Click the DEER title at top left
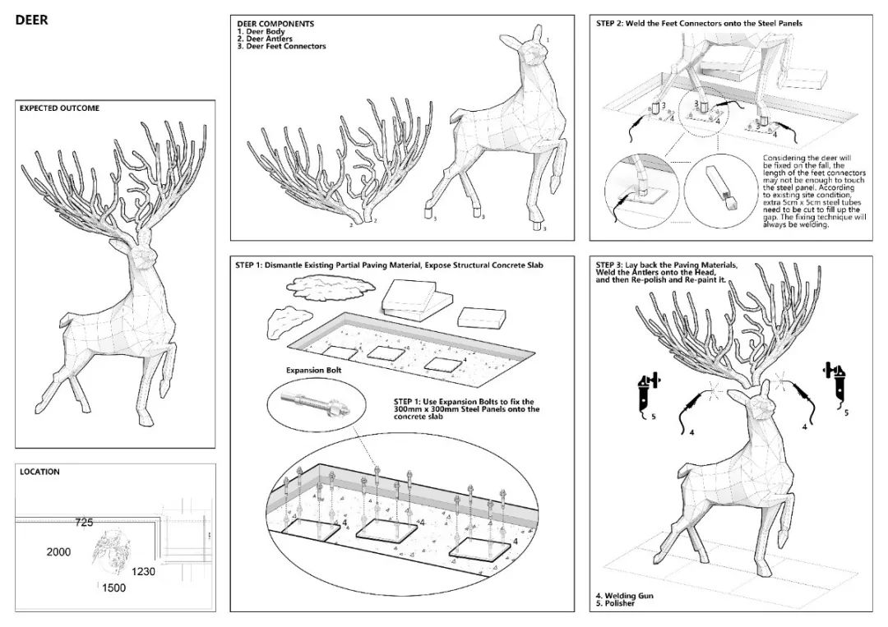pos(32,20)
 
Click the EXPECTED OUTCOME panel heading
pos(59,108)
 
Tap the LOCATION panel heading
pos(39,472)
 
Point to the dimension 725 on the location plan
pos(84,523)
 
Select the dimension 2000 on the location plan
pos(59,551)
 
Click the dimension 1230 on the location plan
pos(143,572)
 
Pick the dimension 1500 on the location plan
pos(113,588)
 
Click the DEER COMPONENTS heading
pos(275,24)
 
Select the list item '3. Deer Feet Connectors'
pos(281,46)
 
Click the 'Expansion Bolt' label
pos(314,370)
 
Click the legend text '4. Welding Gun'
pos(625,595)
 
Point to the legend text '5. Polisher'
pos(615,603)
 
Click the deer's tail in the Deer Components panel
pos(460,118)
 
